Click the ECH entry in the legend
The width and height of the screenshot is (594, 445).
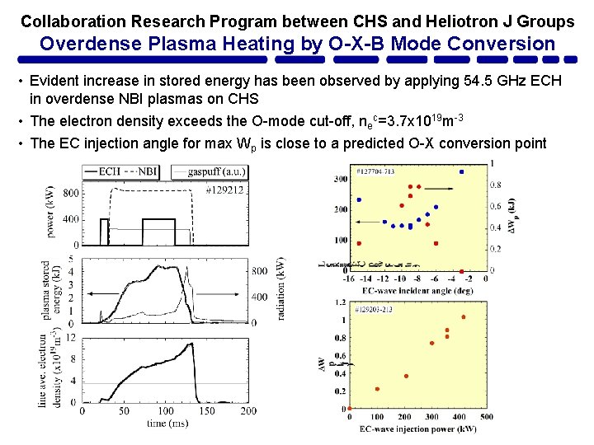coord(105,171)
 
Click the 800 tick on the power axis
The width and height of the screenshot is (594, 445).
coord(71,193)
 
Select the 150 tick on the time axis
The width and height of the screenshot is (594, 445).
coord(206,410)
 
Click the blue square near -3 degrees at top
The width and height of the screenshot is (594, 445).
coord(461,171)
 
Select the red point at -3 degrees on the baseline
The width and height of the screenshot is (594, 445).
coord(461,271)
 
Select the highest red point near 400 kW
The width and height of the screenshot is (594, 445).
coord(463,316)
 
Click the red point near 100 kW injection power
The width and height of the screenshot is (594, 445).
coord(378,389)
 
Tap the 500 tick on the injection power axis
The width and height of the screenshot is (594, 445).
coord(487,417)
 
